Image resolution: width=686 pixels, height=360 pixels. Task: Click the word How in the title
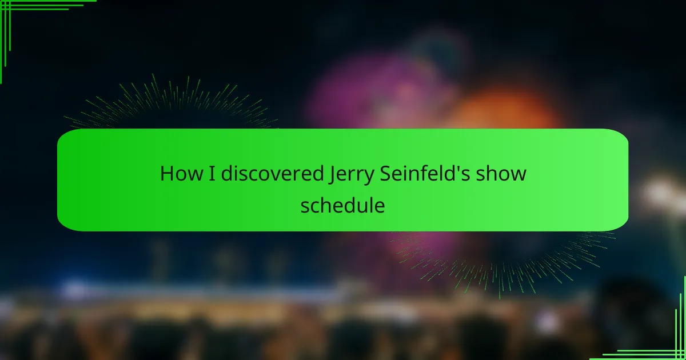(181, 174)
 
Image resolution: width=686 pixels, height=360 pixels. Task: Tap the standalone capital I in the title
(212, 174)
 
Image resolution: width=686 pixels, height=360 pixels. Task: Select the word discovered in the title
(272, 173)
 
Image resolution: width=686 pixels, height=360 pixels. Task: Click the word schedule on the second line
(342, 205)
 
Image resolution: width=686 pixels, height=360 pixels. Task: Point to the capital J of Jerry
(332, 175)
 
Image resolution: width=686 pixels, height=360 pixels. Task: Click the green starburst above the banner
(171, 102)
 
